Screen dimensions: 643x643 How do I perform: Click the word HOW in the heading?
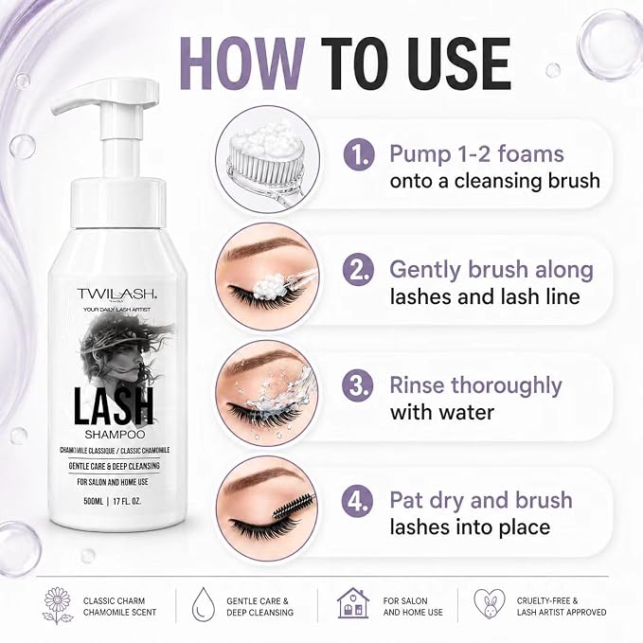pyautogui.click(x=242, y=63)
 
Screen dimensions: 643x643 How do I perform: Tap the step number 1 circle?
pyautogui.click(x=359, y=154)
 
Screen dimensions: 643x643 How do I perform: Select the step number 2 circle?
pyautogui.click(x=359, y=270)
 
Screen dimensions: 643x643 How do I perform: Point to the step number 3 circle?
pyautogui.click(x=358, y=385)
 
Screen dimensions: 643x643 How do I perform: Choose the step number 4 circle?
pyautogui.click(x=358, y=501)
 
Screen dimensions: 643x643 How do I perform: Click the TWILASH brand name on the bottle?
pyautogui.click(x=116, y=294)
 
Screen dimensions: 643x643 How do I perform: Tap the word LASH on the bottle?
pyautogui.click(x=114, y=406)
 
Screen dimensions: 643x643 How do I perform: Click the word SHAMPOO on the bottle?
pyautogui.click(x=115, y=435)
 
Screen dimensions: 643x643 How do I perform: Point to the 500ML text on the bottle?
pyautogui.click(x=94, y=501)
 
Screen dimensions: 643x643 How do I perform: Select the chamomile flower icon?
pyautogui.click(x=58, y=606)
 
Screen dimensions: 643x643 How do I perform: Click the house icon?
pyautogui.click(x=352, y=603)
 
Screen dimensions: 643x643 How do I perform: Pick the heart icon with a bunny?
pyautogui.click(x=490, y=603)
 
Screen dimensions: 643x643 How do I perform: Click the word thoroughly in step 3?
pyautogui.click(x=507, y=386)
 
